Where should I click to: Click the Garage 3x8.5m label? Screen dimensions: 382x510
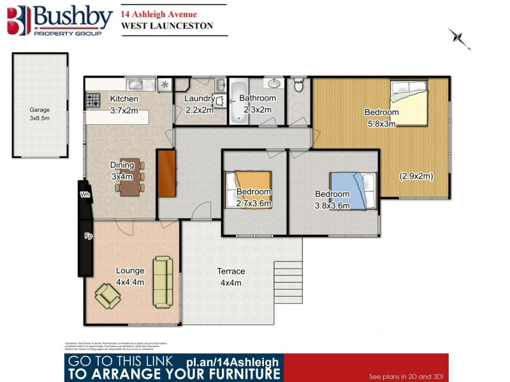[x=40, y=114]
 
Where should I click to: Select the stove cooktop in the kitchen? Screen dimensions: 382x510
[x=93, y=100]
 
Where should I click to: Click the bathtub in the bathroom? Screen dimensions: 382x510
[x=238, y=101]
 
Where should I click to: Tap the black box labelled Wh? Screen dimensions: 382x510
[x=84, y=195]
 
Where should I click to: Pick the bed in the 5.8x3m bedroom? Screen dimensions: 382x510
[x=412, y=104]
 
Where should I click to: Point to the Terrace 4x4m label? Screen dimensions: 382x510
[x=233, y=276]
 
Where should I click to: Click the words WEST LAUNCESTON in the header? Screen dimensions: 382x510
[x=166, y=26]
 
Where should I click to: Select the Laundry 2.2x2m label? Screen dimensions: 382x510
[x=199, y=104]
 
